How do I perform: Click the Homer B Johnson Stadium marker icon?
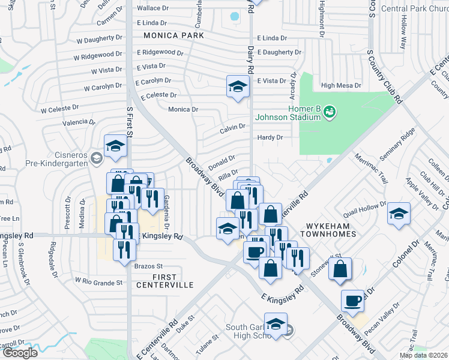330,111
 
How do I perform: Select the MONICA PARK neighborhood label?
173,36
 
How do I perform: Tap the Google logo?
19,353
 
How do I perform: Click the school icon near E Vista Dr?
238,86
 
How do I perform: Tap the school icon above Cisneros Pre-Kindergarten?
115,146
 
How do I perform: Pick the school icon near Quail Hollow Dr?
399,214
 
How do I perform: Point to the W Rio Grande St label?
98,281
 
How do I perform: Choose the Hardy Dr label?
270,137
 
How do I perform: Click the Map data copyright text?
423,355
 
